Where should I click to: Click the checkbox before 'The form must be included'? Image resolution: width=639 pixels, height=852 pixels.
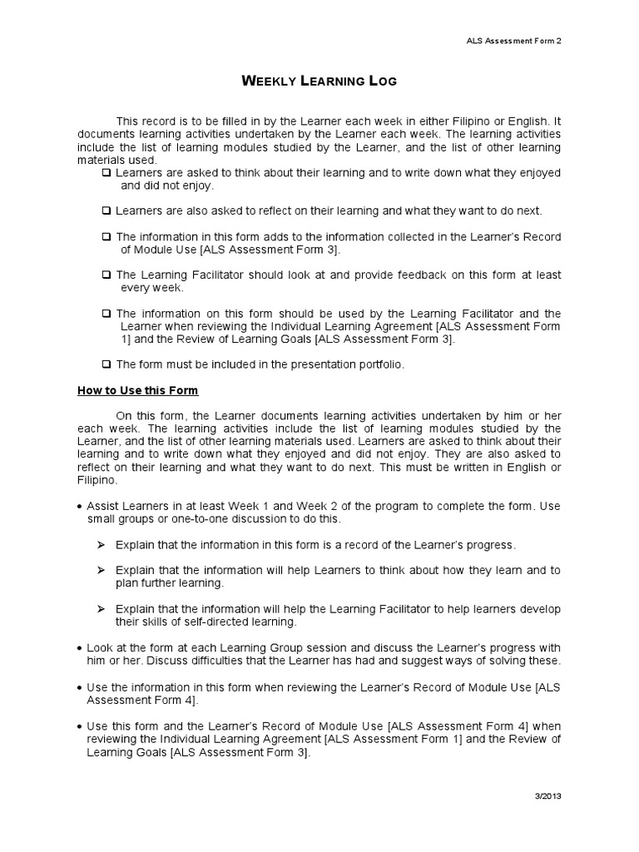click(x=106, y=364)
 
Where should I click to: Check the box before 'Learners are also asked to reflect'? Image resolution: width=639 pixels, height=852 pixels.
click(x=106, y=211)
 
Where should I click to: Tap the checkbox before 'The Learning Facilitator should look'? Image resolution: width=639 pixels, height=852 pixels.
click(x=106, y=275)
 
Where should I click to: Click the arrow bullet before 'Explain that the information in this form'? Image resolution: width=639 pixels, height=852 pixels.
click(x=101, y=545)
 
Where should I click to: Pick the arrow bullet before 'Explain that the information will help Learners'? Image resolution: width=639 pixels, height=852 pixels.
click(x=101, y=570)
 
